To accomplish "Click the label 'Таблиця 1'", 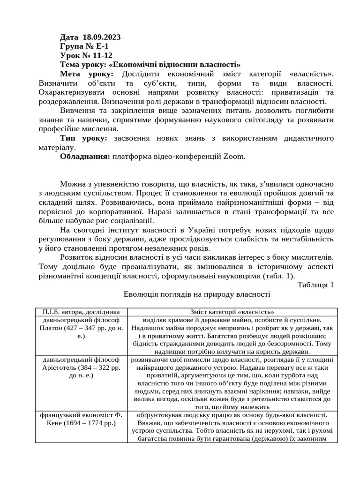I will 315,285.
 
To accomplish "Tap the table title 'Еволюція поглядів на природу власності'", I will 197,294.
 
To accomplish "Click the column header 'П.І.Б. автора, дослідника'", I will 81,312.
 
